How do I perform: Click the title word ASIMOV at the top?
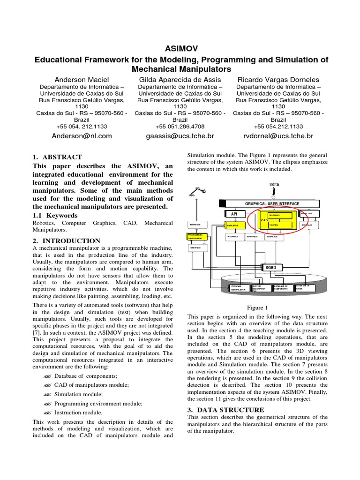180,48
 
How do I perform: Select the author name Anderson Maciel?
82,80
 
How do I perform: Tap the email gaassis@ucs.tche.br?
180,136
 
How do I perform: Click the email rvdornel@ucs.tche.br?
278,136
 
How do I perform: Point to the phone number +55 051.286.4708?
180,127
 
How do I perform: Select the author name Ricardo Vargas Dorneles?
278,80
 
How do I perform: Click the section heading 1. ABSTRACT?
57,157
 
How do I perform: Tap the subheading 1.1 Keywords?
54,215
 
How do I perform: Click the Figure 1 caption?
257,307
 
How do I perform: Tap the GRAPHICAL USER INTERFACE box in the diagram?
272,204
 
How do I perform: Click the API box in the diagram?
234,214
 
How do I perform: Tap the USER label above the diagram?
274,185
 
